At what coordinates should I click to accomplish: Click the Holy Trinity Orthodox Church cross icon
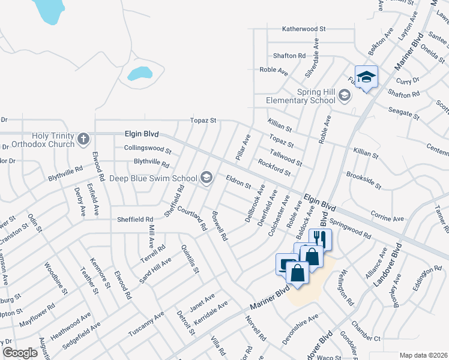pyautogui.click(x=83, y=139)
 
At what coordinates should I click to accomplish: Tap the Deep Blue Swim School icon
pyautogui.click(x=207, y=176)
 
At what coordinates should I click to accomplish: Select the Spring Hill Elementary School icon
pyautogui.click(x=344, y=95)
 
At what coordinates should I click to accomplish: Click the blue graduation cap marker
pyautogui.click(x=366, y=77)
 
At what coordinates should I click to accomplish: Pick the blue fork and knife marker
pyautogui.click(x=320, y=239)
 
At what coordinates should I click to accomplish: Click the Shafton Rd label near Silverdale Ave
pyautogui.click(x=289, y=56)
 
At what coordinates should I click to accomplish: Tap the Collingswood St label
pyautogui.click(x=148, y=149)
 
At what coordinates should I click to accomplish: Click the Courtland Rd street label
pyautogui.click(x=192, y=217)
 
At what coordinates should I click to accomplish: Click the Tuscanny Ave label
pyautogui.click(x=146, y=325)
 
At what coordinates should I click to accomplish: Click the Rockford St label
pyautogui.click(x=274, y=167)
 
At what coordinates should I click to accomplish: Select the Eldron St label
pyautogui.click(x=238, y=182)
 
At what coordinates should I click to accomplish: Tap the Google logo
pyautogui.click(x=20, y=353)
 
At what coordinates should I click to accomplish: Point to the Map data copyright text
pyautogui.click(x=423, y=355)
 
